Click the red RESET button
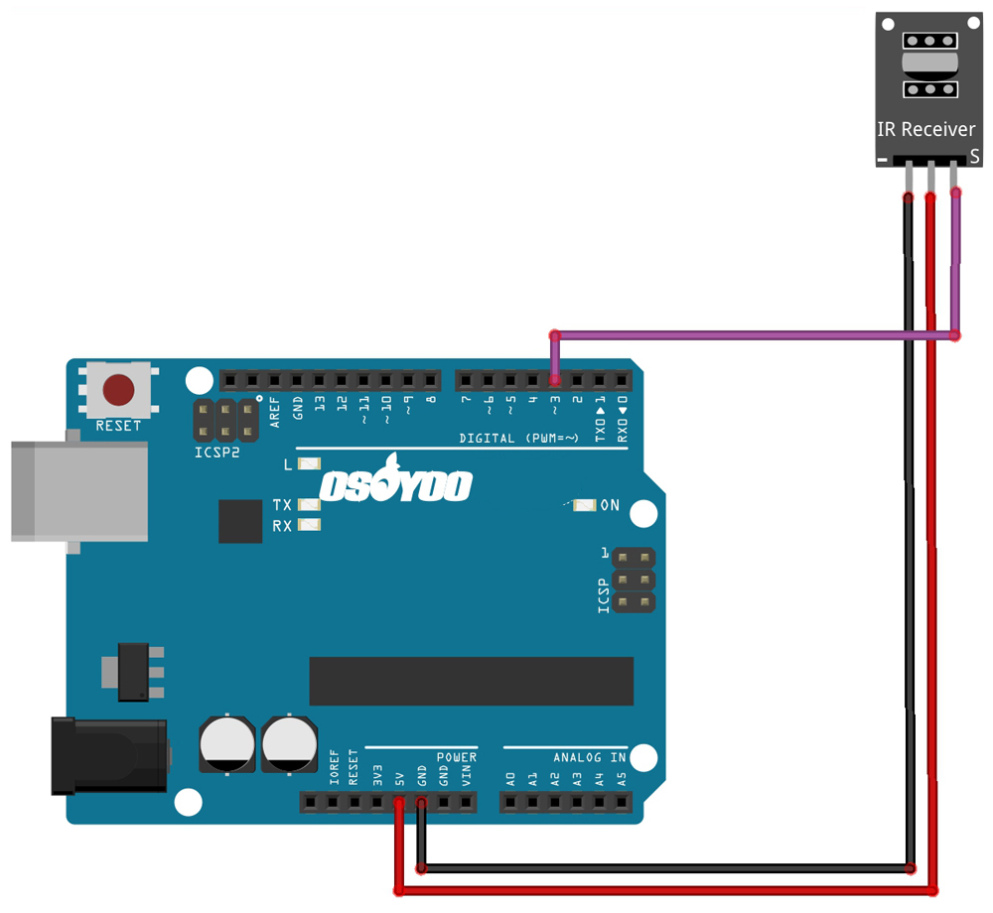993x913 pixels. point(119,390)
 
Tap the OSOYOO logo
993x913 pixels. point(395,484)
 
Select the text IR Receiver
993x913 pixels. point(925,130)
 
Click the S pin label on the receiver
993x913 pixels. point(975,157)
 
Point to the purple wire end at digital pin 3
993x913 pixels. point(555,378)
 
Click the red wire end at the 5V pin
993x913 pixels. point(399,800)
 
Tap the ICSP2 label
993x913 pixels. point(216,453)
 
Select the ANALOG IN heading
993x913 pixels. point(590,757)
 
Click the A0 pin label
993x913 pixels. point(510,778)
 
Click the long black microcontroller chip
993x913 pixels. point(471,681)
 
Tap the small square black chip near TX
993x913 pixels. point(240,521)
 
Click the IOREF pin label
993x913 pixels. point(335,770)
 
